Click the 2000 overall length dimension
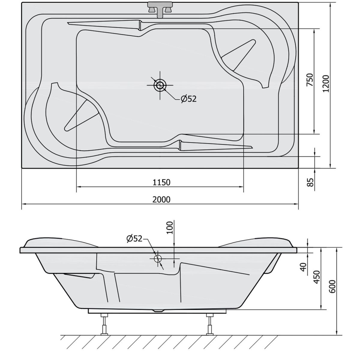click(x=161, y=200)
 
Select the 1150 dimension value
click(x=161, y=182)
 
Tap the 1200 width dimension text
click(x=326, y=83)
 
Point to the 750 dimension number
click(x=310, y=80)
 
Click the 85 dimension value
click(x=310, y=182)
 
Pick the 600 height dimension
click(x=332, y=286)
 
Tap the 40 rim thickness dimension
click(x=304, y=267)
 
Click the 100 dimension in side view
click(x=169, y=227)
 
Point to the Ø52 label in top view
click(x=189, y=99)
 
